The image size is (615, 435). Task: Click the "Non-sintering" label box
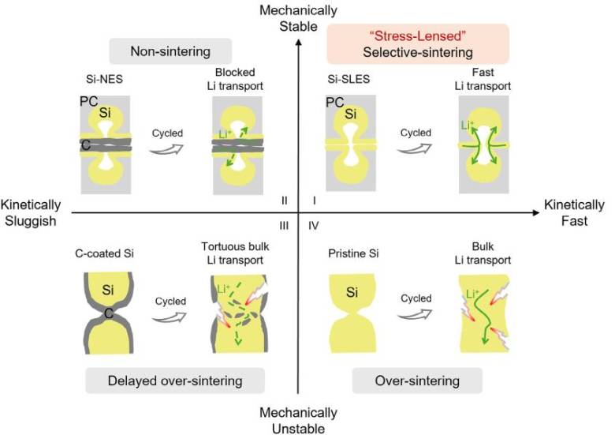pos(170,51)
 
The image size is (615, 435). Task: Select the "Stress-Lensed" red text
pos(418,36)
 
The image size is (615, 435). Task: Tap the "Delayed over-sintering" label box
pos(175,381)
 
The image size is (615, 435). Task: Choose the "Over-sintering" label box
pos(417,381)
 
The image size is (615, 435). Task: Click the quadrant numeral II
pos(285,201)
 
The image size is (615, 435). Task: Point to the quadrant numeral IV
pos(314,226)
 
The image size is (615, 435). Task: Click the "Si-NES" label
pos(104,79)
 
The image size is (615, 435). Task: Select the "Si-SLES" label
pos(348,79)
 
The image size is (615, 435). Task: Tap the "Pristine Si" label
pos(353,253)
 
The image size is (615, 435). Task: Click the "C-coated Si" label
pos(104,253)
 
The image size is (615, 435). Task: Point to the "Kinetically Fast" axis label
pos(574,213)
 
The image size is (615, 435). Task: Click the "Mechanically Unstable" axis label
pos(298,421)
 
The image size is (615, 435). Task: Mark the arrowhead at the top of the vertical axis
pos(299,41)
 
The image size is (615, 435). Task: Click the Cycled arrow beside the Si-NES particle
pos(166,148)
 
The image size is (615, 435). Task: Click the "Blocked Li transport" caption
pos(235,79)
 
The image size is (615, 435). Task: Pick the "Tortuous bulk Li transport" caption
pos(235,253)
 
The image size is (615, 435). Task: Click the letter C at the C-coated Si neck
pos(109,313)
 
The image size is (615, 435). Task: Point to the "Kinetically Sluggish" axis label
pos(31,213)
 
